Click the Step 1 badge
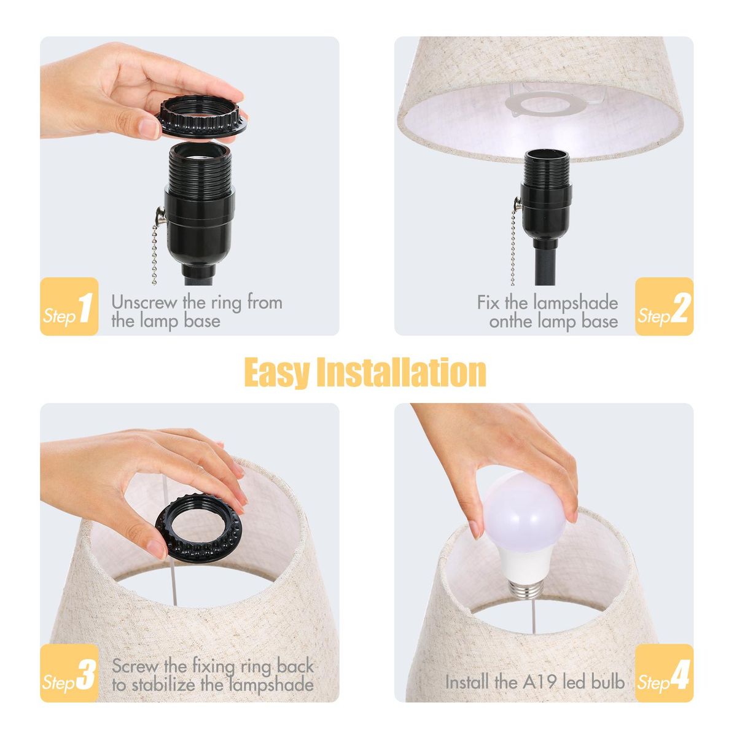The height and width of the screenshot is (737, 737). point(69,306)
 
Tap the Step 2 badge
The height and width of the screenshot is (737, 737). point(665,306)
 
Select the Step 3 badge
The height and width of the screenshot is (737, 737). point(69,673)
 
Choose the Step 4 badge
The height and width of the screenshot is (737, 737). point(665,673)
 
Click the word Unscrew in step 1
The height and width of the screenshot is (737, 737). point(144,303)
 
